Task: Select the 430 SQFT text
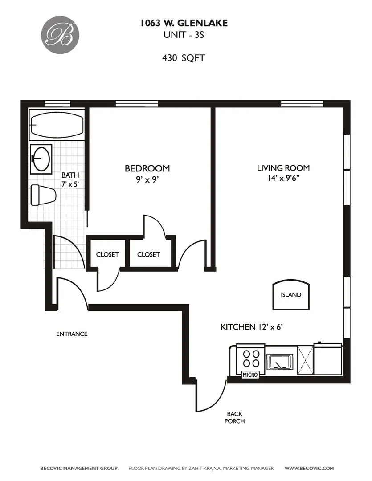184,58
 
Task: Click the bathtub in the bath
56,125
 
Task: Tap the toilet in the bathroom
43,195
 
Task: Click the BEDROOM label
147,168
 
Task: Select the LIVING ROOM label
283,168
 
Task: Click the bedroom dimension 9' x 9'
147,180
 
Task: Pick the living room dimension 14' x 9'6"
283,180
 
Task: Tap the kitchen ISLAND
290,295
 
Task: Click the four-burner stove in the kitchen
250,358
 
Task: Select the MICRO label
250,375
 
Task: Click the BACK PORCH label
234,417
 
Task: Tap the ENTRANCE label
72,334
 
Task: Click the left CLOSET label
107,254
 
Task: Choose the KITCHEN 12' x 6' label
252,327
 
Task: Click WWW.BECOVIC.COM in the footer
309,468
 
